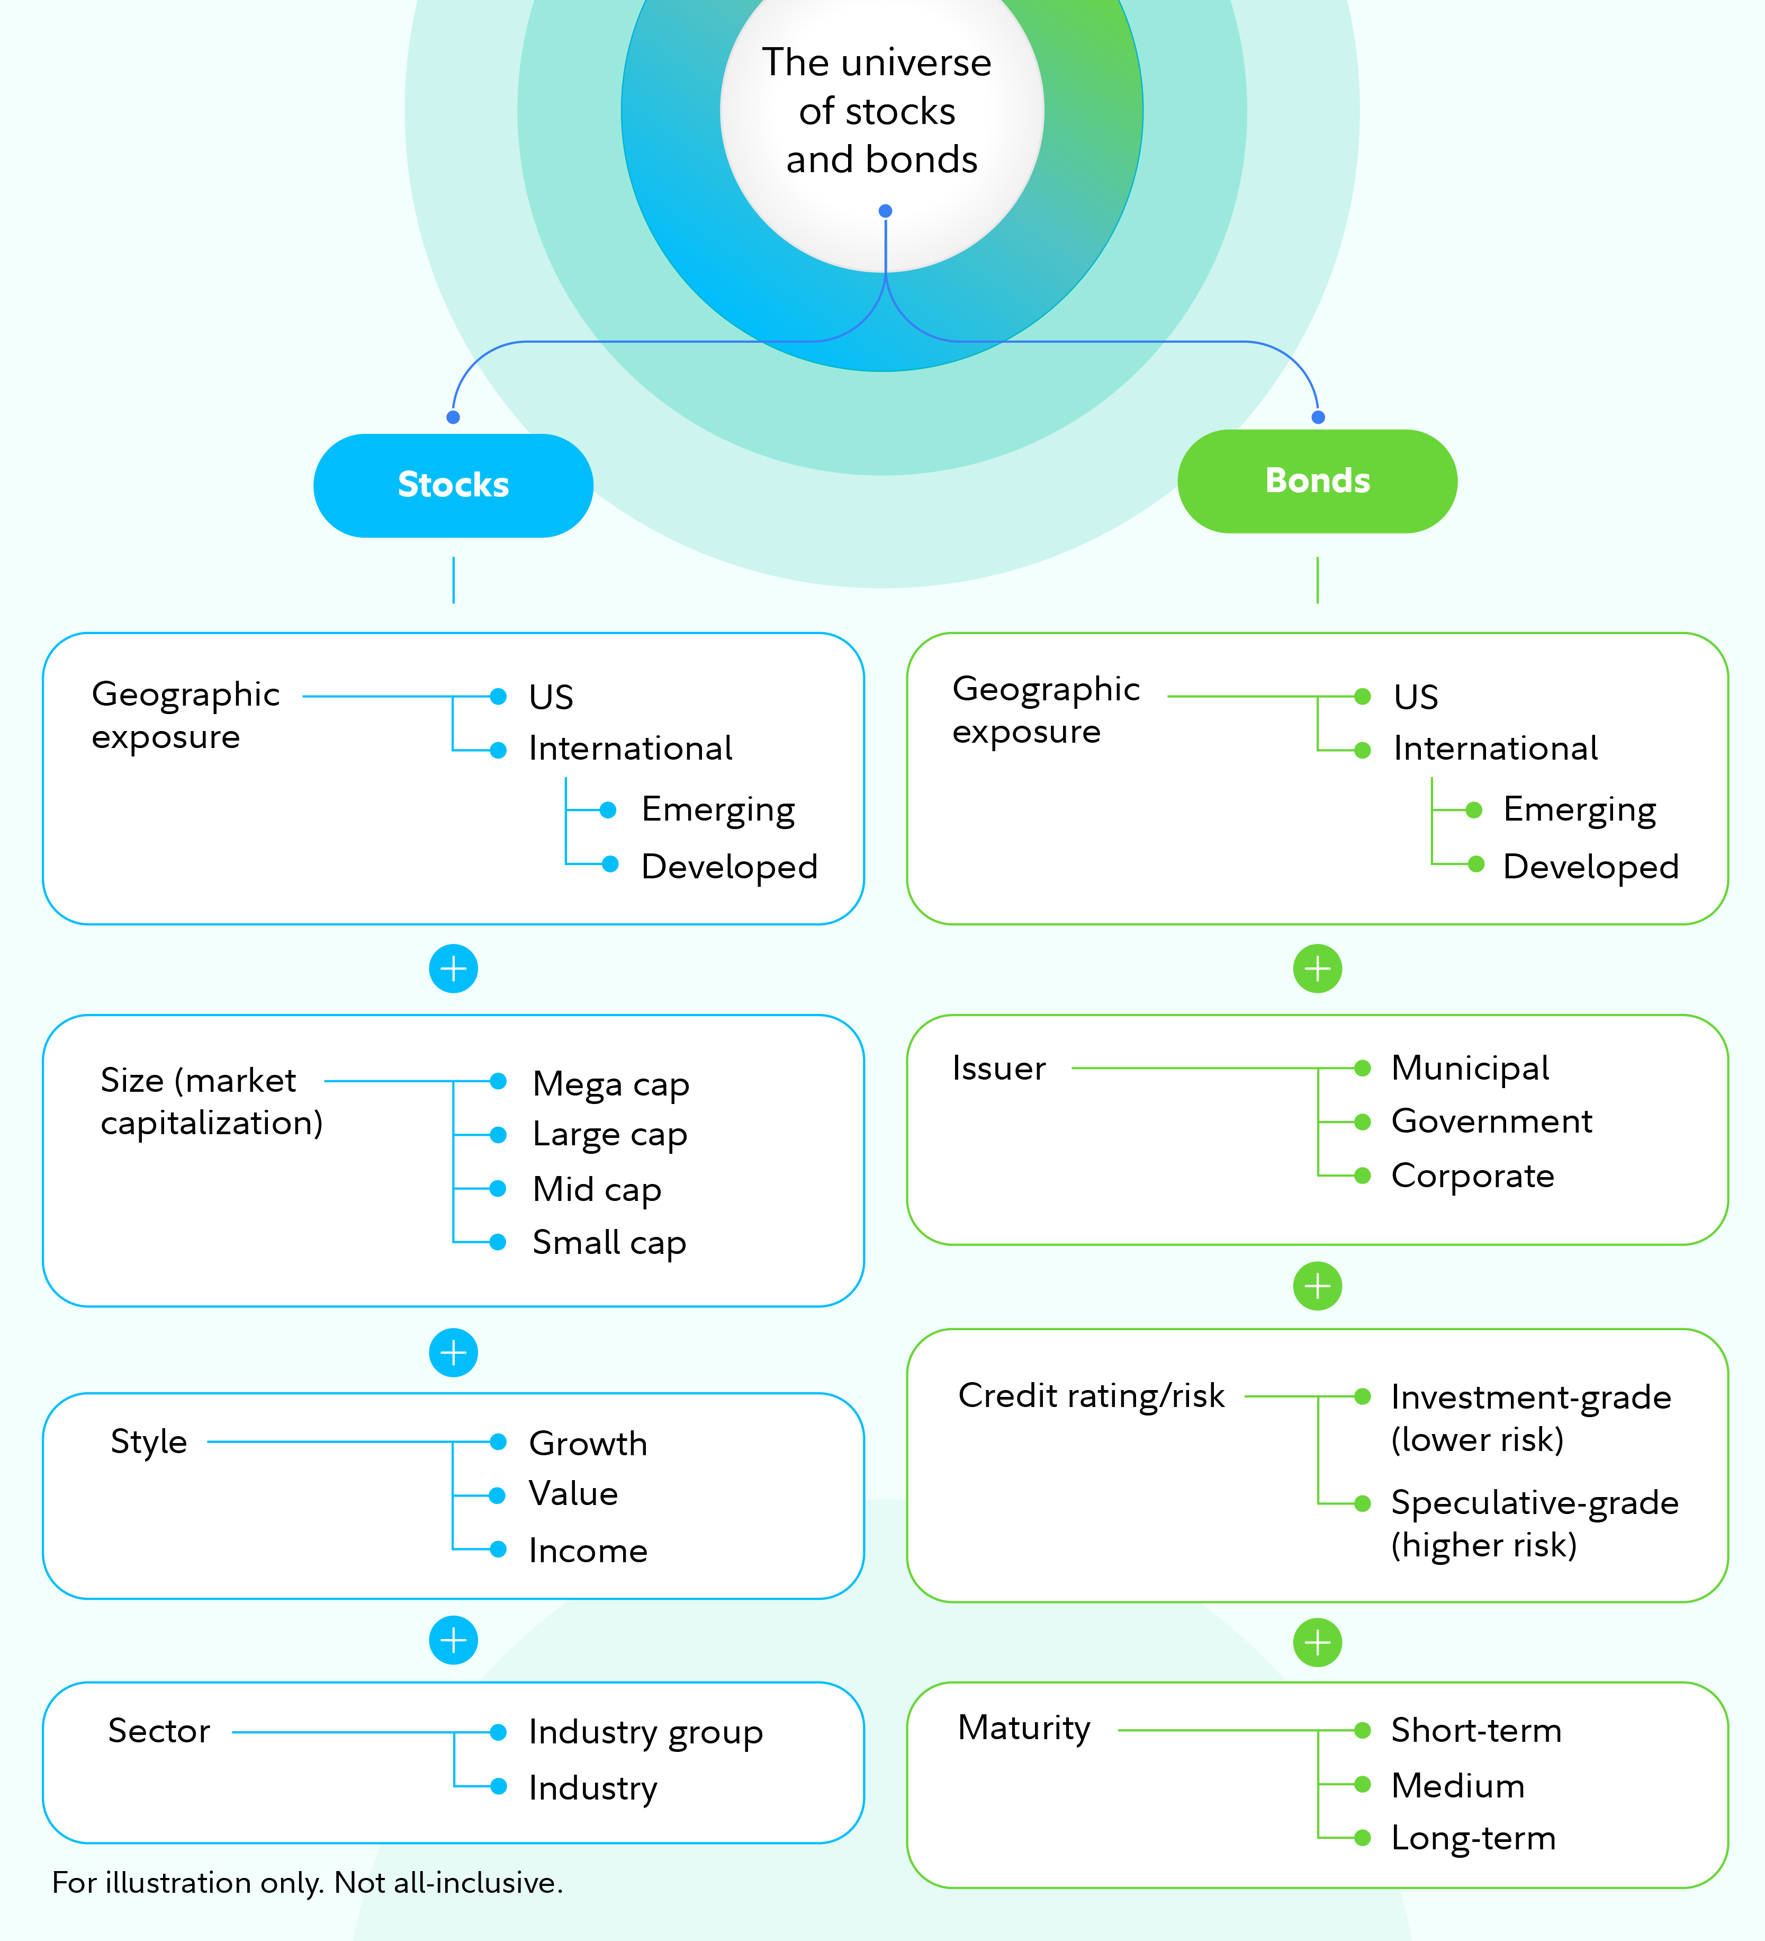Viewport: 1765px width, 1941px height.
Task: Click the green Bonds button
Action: coord(1317,480)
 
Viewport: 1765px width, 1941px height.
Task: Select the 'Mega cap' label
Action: coord(610,1084)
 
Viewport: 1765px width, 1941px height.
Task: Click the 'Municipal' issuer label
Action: coord(1470,1068)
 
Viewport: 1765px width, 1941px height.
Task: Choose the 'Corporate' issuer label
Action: coord(1472,1176)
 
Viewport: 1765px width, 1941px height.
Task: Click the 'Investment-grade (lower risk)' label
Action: coord(1530,1417)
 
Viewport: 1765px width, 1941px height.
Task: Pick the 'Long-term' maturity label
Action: coord(1472,1838)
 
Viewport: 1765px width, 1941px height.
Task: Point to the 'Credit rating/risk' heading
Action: coord(1091,1395)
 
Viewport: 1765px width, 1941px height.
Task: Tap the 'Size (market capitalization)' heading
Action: coord(211,1101)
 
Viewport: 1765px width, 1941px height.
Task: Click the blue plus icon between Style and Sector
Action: coord(453,1640)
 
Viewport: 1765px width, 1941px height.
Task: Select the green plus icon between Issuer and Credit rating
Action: coord(1317,1285)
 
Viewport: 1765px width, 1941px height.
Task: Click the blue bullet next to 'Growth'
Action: coord(498,1441)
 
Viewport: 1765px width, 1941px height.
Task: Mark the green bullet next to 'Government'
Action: coord(1362,1121)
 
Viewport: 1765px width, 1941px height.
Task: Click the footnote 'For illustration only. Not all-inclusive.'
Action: coord(307,1882)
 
